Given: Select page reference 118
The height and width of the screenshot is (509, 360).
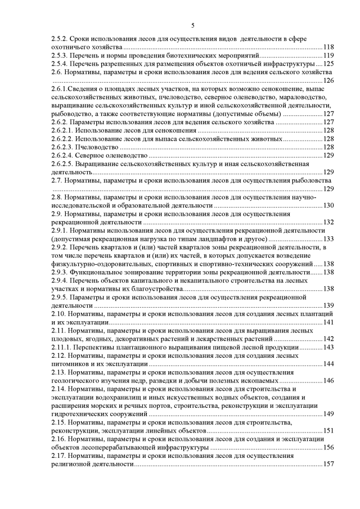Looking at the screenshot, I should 329,47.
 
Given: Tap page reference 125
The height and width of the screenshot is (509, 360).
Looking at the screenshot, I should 329,64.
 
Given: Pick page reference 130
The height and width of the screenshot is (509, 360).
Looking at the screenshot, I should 329,205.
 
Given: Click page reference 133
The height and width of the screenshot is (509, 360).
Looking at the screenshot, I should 329,239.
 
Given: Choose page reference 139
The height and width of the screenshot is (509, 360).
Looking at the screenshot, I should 329,305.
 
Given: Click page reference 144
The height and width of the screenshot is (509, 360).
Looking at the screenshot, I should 329,364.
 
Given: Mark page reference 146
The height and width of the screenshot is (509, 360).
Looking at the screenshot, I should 329,381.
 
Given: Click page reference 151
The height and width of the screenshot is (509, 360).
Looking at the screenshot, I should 329,431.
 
